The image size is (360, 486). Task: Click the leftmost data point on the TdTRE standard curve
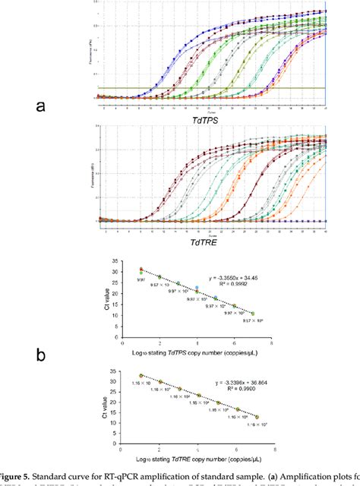(141, 375)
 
